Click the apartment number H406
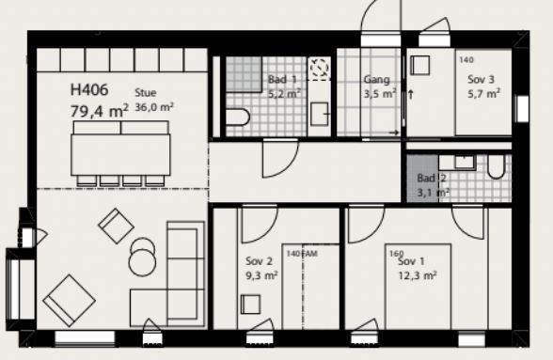tap(89, 89)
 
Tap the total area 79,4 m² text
tap(99, 111)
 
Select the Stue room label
tap(145, 93)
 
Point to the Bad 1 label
tap(282, 79)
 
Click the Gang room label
tap(376, 79)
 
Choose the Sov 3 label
tap(482, 79)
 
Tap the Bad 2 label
tap(432, 178)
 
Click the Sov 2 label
tap(259, 261)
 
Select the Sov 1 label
tap(411, 261)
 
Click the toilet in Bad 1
tap(238, 117)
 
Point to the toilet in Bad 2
tap(496, 167)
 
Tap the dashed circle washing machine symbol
tap(320, 67)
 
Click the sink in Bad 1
tap(320, 114)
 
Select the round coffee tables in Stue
tap(142, 257)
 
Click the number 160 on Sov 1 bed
tap(397, 254)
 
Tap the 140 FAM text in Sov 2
tap(302, 254)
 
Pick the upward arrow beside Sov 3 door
tap(410, 95)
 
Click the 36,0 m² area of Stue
tap(154, 107)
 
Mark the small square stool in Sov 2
tap(251, 305)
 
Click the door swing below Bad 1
tap(280, 158)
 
